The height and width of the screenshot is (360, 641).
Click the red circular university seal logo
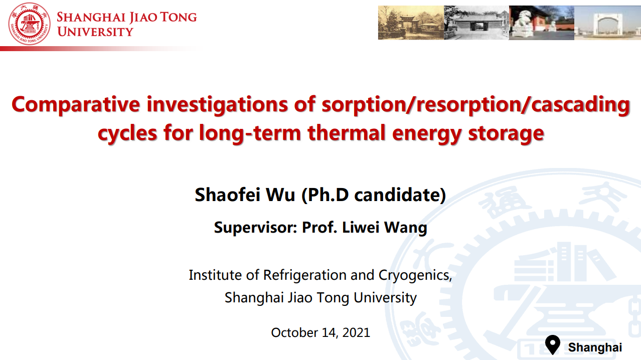[29, 24]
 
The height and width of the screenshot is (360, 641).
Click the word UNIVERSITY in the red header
[95, 32]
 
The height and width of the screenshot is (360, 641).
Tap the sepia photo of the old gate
[411, 23]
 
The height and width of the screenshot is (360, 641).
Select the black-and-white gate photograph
[476, 23]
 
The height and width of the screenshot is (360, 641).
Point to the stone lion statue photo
[542, 23]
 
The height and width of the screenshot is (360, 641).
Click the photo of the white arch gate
[607, 23]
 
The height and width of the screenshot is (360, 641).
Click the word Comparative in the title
[76, 105]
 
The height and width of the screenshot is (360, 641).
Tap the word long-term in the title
[250, 133]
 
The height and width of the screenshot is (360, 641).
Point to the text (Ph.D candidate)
[374, 195]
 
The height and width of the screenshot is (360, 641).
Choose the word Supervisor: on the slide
[256, 228]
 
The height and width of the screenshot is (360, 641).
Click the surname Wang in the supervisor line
[405, 228]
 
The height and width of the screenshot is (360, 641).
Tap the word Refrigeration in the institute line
[305, 275]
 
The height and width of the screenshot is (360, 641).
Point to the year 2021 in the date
[356, 332]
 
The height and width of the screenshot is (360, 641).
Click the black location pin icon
[553, 344]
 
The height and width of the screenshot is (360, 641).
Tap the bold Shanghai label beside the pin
[595, 347]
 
